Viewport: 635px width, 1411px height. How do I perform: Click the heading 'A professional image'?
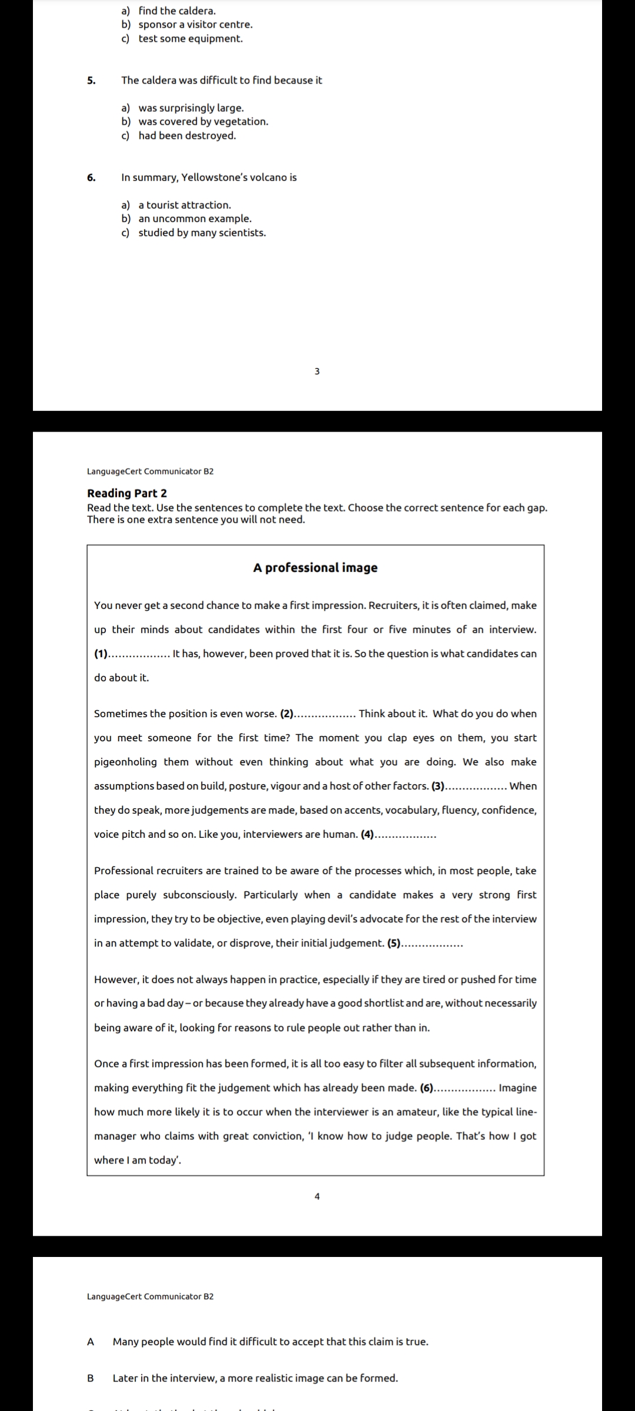(315, 568)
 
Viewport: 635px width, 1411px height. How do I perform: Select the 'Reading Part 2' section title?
(127, 493)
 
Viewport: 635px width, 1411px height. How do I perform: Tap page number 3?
(317, 372)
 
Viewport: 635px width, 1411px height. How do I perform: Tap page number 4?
(317, 1196)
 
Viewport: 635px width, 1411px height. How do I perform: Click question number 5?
(91, 81)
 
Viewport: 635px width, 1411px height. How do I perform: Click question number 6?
(91, 178)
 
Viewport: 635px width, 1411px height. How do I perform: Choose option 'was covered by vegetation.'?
(203, 122)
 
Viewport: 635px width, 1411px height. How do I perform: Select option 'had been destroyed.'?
(187, 136)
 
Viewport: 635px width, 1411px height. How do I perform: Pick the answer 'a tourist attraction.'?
(185, 205)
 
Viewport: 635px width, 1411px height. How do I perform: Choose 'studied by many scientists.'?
(202, 233)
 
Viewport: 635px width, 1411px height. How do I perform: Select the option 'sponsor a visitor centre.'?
(195, 25)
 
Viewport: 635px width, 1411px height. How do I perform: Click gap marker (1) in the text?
(101, 654)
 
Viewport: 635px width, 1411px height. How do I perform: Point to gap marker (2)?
(287, 714)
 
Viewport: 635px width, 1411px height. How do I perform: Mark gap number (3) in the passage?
(439, 786)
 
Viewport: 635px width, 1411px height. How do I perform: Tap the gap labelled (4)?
(367, 834)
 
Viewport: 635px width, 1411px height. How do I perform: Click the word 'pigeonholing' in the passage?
(125, 762)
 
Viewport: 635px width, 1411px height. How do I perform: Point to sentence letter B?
(91, 1378)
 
